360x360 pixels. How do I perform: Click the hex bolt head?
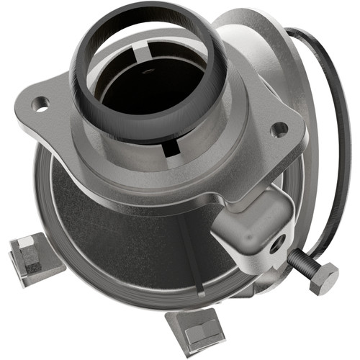click(x=323, y=277)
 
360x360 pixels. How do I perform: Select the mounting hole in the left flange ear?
click(x=41, y=105)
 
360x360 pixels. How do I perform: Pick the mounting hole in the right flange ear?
click(x=278, y=130)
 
